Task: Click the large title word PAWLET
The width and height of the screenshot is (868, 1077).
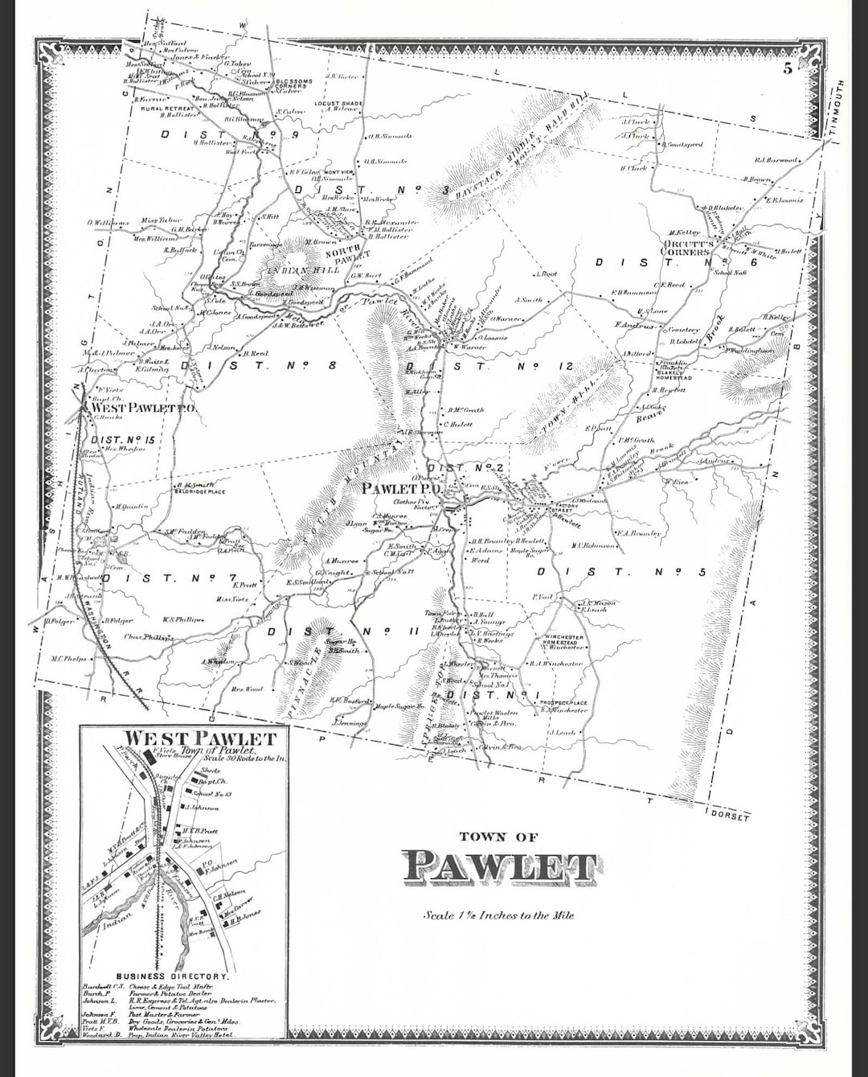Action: (x=499, y=866)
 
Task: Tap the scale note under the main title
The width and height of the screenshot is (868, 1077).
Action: (x=498, y=915)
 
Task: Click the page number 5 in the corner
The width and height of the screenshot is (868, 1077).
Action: (x=788, y=68)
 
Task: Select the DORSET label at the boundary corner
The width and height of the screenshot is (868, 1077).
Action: (x=730, y=816)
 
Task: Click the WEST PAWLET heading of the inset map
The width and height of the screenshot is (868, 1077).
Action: (x=200, y=738)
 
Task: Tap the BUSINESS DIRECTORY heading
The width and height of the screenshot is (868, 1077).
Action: (x=172, y=976)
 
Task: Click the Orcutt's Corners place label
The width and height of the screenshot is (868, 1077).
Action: (x=687, y=247)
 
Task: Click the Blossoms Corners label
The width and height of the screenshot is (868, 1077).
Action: (x=293, y=84)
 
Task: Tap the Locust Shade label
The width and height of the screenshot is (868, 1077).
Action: (x=338, y=104)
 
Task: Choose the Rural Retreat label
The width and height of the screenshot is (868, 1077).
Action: (x=167, y=108)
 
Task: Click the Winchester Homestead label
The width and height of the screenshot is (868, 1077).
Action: (x=563, y=642)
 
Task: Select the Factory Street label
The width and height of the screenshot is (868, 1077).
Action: (x=565, y=508)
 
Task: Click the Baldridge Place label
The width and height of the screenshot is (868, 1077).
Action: (x=200, y=491)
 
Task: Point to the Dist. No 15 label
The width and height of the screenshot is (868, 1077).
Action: (x=122, y=440)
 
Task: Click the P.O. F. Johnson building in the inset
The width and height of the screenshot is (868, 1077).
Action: (x=211, y=865)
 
